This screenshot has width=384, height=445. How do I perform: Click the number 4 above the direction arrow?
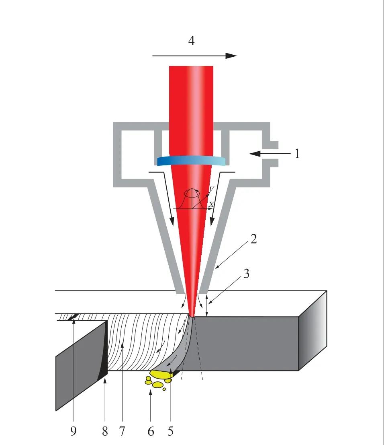(x=192, y=40)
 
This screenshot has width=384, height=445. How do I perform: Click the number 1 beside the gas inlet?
(x=297, y=153)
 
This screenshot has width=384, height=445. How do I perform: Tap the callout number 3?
(x=246, y=274)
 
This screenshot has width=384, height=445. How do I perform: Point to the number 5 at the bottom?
(x=171, y=431)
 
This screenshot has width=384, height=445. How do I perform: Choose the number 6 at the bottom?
(x=151, y=431)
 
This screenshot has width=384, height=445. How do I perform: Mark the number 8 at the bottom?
(x=105, y=431)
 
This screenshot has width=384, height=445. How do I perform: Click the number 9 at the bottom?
(x=73, y=431)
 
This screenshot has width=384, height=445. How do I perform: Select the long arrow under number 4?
(x=195, y=56)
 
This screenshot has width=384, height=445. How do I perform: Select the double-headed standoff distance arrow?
(x=207, y=306)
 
